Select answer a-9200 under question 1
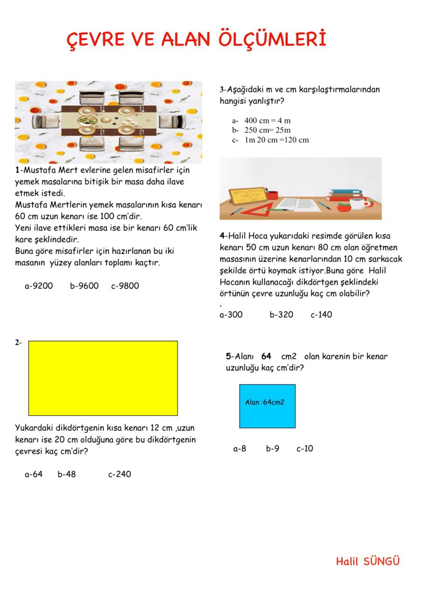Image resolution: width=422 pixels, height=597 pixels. (x=39, y=286)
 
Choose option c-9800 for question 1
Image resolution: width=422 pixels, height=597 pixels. (x=125, y=286)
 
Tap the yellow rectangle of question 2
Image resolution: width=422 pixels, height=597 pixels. (x=103, y=378)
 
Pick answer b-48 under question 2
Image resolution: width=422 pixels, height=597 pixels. (x=67, y=474)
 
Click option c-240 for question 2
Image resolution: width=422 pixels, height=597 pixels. (x=120, y=474)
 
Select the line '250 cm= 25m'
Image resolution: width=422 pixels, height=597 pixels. (x=267, y=130)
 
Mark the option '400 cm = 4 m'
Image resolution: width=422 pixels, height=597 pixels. (x=267, y=120)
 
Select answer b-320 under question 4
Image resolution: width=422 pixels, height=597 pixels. (x=281, y=315)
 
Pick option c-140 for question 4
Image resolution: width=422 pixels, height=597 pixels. (x=321, y=315)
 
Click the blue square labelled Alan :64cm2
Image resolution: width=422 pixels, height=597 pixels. (x=267, y=406)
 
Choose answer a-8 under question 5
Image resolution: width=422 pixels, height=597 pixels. (x=240, y=449)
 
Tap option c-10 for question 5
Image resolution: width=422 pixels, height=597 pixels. (x=305, y=449)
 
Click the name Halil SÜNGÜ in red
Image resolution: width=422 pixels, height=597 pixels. (x=368, y=561)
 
